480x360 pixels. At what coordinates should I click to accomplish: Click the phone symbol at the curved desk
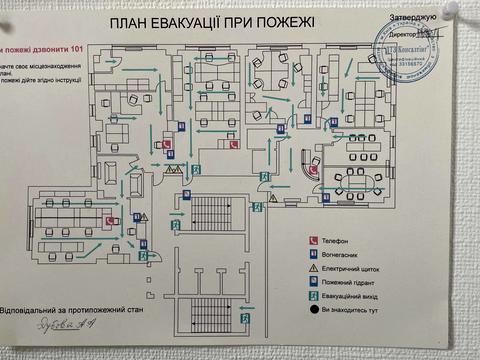(x=313, y=169)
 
